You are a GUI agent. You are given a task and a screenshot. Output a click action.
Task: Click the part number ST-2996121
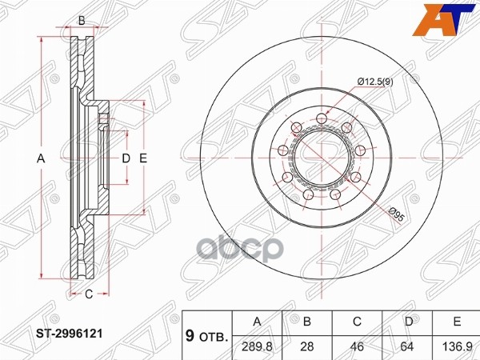tap(70, 334)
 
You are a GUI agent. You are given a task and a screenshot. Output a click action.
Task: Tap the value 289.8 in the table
tap(257, 347)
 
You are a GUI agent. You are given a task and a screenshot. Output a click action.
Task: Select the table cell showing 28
tap(307, 347)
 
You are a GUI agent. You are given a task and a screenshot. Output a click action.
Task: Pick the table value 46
tap(358, 347)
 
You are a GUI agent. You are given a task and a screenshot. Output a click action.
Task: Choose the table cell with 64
tap(407, 347)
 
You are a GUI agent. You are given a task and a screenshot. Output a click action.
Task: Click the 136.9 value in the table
tap(458, 347)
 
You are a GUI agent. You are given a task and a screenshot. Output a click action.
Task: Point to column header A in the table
tap(257, 322)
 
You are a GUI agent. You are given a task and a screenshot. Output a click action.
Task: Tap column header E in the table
tap(457, 322)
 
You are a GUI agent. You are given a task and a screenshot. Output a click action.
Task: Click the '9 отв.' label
tap(207, 336)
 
